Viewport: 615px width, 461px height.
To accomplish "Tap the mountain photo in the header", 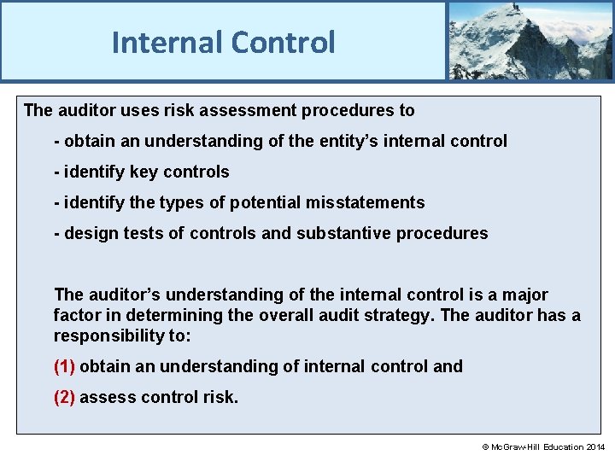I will [x=530, y=40].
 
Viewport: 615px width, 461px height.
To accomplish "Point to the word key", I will [x=144, y=172].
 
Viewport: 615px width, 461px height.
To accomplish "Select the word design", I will [x=89, y=233].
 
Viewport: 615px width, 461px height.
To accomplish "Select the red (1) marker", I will [x=65, y=366].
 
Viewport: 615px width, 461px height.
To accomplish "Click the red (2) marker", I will [x=65, y=397].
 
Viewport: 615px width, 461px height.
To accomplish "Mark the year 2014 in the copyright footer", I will [x=595, y=447].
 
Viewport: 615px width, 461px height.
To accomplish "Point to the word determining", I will [x=166, y=315].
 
